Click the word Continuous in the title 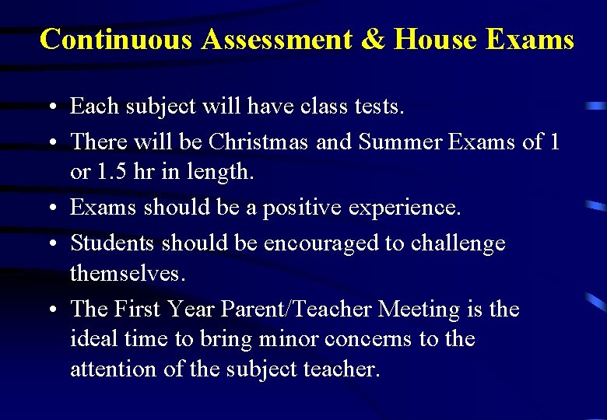pyautogui.click(x=116, y=38)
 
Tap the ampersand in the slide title pyautogui.click(x=373, y=38)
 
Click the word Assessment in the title pyautogui.click(x=276, y=38)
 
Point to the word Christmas pyautogui.click(x=258, y=142)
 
